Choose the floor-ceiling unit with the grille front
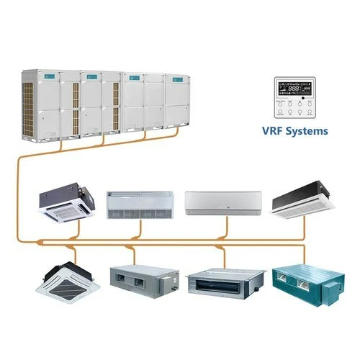pyautogui.click(x=140, y=204)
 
